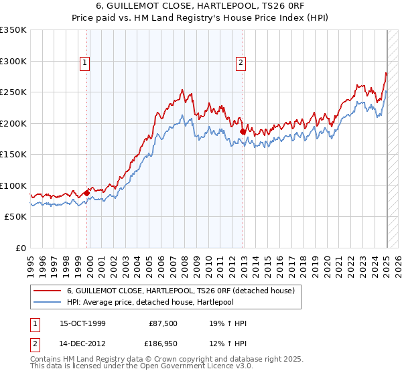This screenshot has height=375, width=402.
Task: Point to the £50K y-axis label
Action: tap(15, 217)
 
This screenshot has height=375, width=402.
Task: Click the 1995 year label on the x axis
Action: tap(30, 263)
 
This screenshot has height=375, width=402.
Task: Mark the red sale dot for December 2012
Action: tap(243, 132)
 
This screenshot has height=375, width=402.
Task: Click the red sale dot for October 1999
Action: tap(87, 194)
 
